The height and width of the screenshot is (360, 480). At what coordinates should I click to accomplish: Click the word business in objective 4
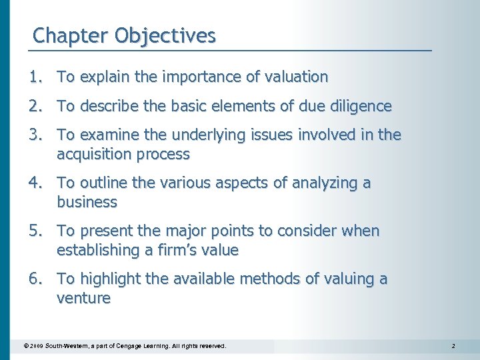coord(87,202)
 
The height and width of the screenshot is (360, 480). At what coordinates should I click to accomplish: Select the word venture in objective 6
coord(83,298)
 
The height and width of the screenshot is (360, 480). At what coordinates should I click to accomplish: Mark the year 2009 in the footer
coord(35,347)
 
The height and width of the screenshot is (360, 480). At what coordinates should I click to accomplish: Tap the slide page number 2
coord(453,347)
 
